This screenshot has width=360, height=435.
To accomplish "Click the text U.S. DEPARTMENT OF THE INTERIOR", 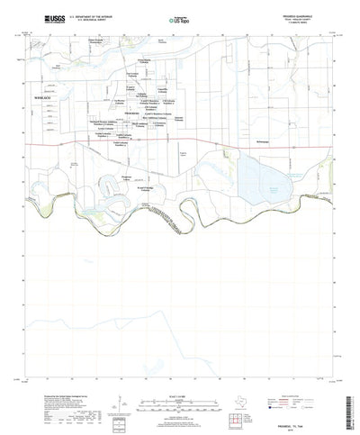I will [x=87, y=14].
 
